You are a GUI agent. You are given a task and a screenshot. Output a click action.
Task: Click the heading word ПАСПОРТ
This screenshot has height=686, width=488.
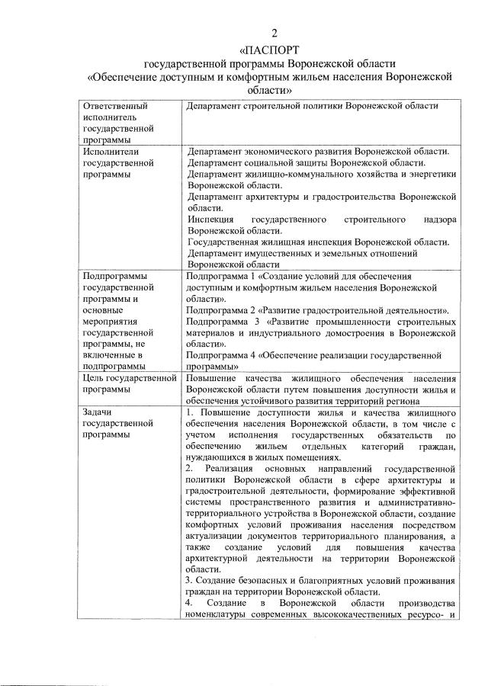(275, 48)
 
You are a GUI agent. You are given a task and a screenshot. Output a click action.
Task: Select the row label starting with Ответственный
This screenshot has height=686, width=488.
(114, 106)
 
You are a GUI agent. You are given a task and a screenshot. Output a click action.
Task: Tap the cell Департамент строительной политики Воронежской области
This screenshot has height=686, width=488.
(313, 106)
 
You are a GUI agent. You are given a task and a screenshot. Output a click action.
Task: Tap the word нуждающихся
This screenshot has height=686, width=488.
(220, 458)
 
